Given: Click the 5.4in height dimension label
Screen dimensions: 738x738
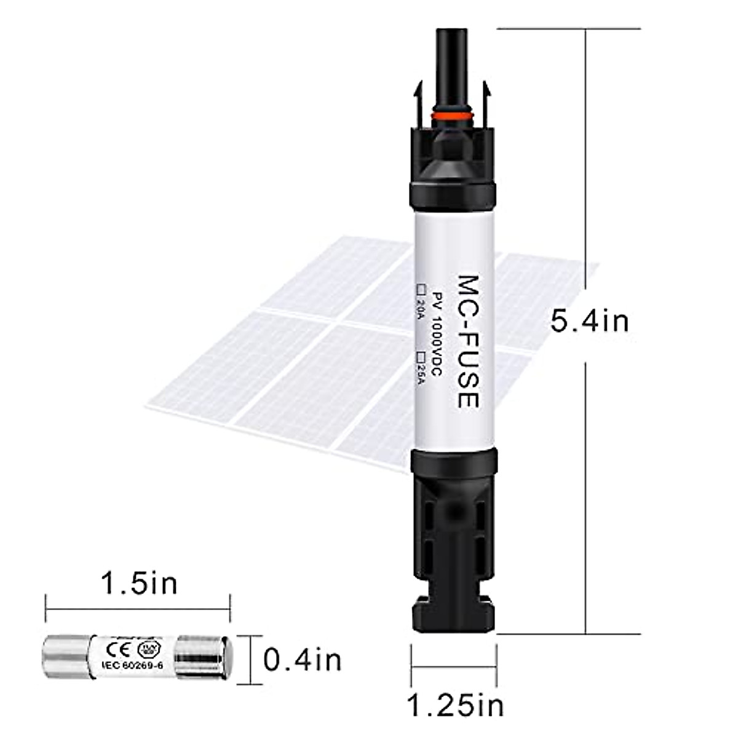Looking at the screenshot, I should coord(589,321).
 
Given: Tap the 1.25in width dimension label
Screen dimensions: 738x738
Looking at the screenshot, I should coord(456,705).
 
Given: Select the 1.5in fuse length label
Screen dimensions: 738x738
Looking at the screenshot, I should coord(139,583).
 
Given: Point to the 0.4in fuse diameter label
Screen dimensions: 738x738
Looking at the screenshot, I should coord(302,661).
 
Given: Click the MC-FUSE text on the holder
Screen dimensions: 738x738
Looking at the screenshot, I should coord(467,341).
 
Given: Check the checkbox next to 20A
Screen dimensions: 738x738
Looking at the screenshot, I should coord(422,288).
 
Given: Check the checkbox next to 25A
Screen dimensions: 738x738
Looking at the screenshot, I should coord(422,355).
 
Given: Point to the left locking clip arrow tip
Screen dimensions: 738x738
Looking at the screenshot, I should coord(418,88).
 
